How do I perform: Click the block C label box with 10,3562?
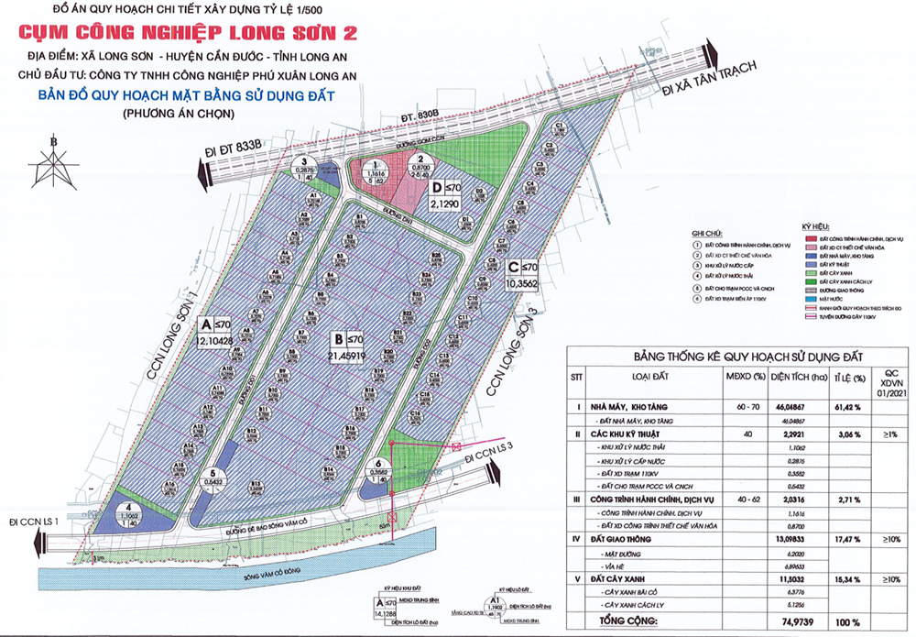click(x=524, y=276)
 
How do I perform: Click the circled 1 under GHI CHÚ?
click(x=697, y=245)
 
